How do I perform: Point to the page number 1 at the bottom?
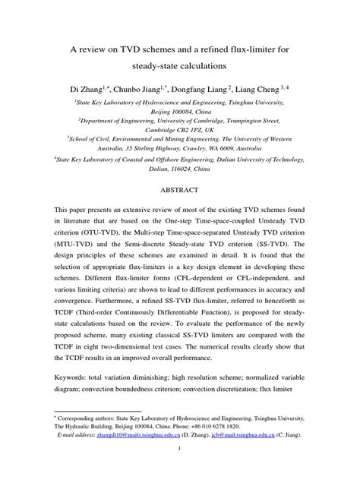point(180,469)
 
